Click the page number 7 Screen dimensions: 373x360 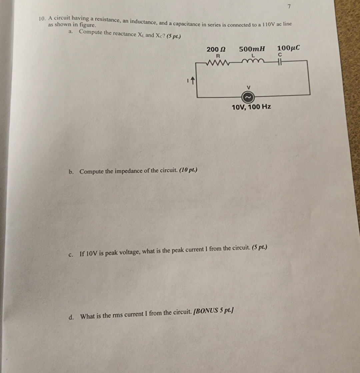(289, 7)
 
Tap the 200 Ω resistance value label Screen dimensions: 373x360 (216, 49)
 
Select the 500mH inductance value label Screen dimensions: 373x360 (252, 49)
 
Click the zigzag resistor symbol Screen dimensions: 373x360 (218, 62)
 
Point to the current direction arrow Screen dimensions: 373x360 (193, 80)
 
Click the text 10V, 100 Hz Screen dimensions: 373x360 (251, 107)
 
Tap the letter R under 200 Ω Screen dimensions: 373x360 (218, 55)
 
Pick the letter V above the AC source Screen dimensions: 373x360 (248, 87)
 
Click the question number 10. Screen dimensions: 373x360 (42, 19)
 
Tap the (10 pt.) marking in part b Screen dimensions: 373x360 (188, 170)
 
